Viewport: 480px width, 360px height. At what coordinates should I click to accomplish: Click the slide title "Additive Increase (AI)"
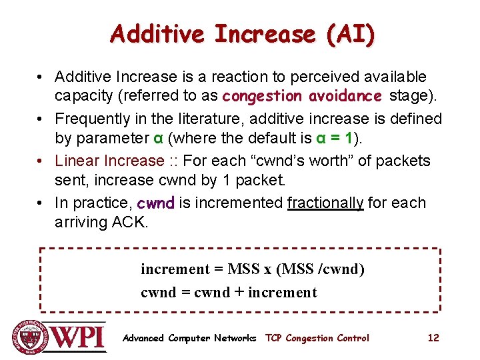243,33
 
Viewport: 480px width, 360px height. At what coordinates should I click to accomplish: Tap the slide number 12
433,338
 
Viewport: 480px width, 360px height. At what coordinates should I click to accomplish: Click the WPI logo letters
79,336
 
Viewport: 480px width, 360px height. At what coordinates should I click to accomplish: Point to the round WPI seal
29,337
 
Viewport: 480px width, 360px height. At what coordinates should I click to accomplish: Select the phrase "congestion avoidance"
302,95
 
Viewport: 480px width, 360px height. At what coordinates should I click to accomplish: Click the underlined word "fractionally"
325,202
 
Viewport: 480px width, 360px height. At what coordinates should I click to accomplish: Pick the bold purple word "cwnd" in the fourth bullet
155,203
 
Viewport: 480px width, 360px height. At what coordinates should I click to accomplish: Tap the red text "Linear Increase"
109,161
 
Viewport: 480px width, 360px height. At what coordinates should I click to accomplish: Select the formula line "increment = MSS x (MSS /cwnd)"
253,269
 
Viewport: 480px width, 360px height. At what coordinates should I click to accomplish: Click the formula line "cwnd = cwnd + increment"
229,292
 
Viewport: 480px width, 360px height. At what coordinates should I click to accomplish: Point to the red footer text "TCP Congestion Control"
317,338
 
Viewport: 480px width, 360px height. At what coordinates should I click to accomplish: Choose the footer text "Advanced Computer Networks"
189,338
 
